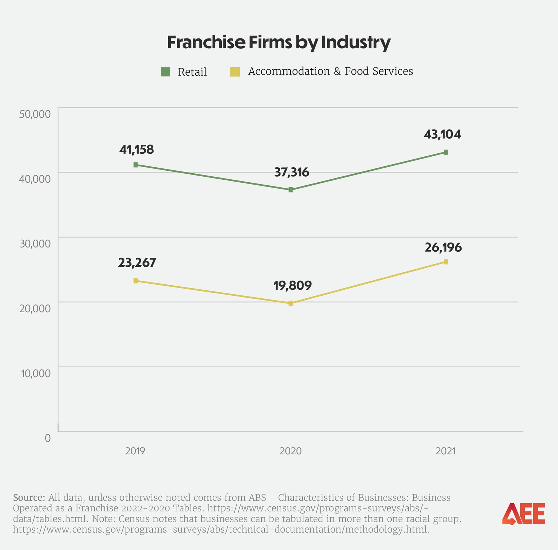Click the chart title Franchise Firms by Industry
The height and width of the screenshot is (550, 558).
coord(279,42)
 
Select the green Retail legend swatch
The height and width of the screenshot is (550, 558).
coord(166,72)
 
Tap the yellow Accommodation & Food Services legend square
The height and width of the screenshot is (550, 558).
coord(235,72)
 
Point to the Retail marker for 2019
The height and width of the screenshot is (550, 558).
coord(136,165)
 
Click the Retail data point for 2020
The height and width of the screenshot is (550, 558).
coord(291,190)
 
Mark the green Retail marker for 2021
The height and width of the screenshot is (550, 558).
coord(446,152)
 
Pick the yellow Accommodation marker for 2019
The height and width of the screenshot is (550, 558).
coord(136,281)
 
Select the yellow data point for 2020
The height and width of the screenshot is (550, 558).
coord(291,303)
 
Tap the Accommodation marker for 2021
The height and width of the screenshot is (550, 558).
coord(446,262)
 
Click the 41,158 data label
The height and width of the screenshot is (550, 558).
coord(136,150)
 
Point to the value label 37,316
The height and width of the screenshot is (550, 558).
coord(291,173)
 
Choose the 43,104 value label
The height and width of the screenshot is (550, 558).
coord(442,134)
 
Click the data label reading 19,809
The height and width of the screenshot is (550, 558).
coord(293,286)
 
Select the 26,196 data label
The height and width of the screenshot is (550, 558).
coord(443,247)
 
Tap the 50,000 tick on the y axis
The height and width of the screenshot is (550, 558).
coord(35,114)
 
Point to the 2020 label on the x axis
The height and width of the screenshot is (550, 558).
coord(290,451)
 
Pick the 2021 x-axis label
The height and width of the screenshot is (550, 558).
coord(446,451)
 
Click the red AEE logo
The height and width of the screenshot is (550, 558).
coord(523,513)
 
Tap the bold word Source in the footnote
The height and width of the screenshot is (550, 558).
coord(29,497)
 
